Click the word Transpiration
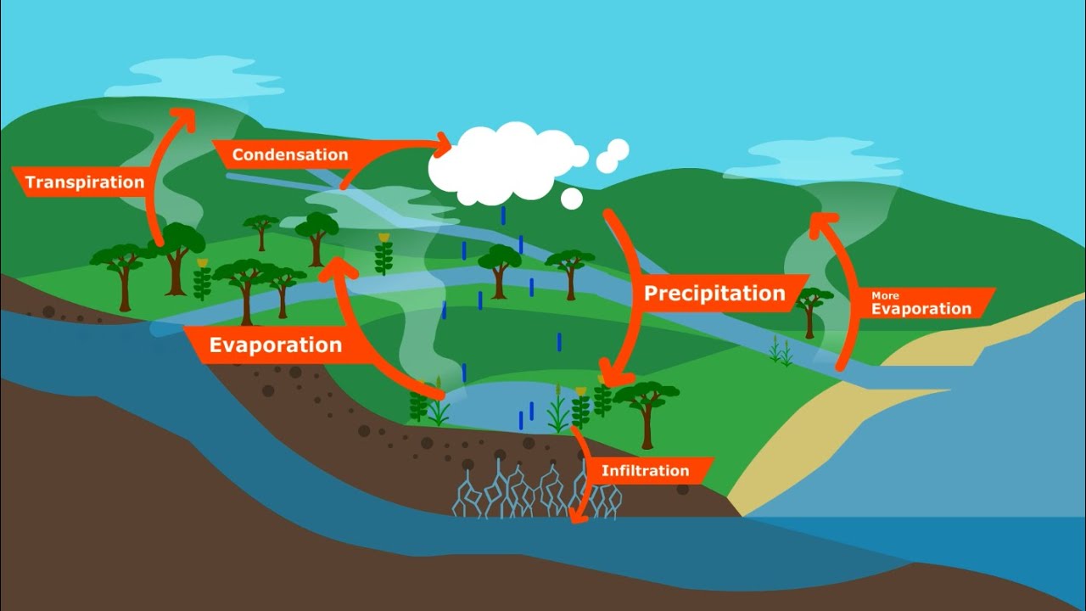85,182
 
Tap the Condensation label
290,154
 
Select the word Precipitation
714,294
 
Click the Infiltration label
646,471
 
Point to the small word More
885,295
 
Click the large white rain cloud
508,163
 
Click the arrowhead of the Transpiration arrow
183,118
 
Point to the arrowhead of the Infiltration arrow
577,516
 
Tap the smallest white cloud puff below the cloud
572,199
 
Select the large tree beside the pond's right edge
646,413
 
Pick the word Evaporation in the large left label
276,345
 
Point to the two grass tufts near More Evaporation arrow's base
781,350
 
